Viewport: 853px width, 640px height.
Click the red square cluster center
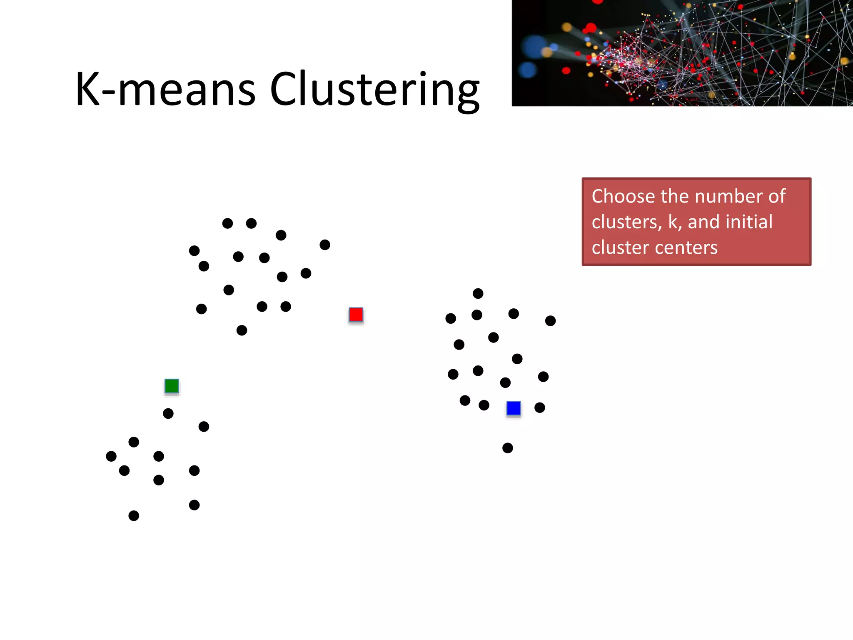(x=356, y=315)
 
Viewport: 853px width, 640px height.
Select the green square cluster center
(x=172, y=386)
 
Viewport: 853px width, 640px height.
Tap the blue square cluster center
(x=514, y=408)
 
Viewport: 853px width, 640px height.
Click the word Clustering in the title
(x=374, y=89)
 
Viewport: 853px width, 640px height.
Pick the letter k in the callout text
(x=673, y=222)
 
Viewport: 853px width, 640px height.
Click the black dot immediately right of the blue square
(x=540, y=407)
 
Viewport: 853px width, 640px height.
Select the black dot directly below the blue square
(x=508, y=448)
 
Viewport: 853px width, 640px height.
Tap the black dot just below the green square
(x=168, y=413)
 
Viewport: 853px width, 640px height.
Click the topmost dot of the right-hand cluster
(x=478, y=293)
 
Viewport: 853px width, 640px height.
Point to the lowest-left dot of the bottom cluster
(x=134, y=516)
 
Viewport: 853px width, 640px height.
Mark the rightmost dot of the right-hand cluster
(x=551, y=321)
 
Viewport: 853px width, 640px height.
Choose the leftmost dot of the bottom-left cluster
(x=111, y=456)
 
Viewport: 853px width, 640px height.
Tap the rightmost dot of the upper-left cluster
(x=325, y=245)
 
